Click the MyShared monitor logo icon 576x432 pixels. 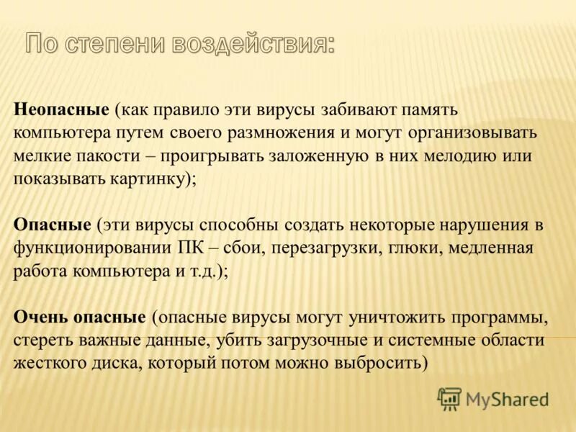coord(450,398)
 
